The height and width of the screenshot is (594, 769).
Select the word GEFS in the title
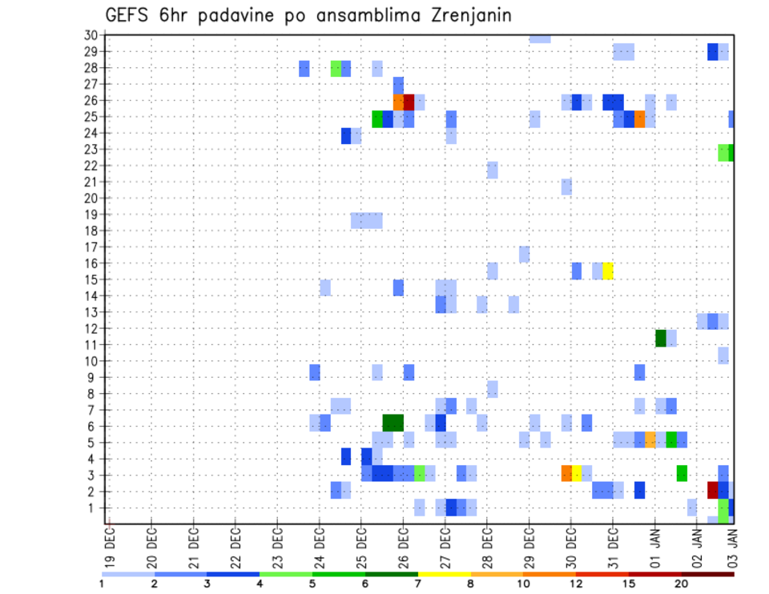pos(128,15)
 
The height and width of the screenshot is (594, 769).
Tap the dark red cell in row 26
pos(409,102)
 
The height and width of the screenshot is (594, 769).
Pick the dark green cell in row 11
pos(661,338)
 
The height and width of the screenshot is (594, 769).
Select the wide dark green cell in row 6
pos(393,422)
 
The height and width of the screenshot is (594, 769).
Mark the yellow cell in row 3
pos(576,472)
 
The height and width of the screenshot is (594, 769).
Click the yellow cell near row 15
pos(608,271)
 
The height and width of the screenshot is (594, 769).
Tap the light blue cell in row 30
pos(539,38)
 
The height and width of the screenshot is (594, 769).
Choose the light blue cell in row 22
pos(493,170)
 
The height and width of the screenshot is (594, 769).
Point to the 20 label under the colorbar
pos(681,584)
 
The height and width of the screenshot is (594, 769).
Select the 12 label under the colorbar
pos(576,584)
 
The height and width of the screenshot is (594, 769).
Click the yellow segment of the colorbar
pos(445,574)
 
